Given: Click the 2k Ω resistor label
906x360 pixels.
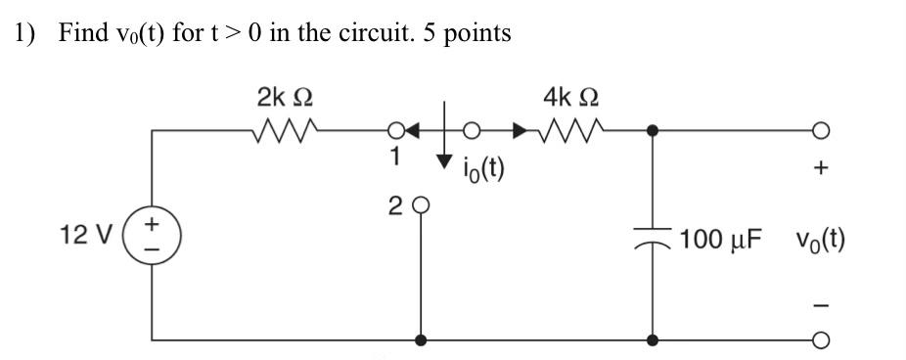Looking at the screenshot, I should (285, 98).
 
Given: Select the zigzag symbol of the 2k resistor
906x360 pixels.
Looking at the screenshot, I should (285, 129).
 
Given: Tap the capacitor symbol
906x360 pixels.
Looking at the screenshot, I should (652, 240).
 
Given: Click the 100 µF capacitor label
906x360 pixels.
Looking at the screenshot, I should (722, 240).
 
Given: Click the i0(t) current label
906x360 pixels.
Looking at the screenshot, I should (483, 169).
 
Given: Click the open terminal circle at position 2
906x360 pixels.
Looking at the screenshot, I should (422, 206).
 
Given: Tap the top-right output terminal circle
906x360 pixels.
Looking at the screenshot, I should (822, 129).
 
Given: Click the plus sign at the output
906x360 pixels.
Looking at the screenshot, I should (821, 169).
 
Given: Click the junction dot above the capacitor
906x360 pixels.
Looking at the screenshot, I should (652, 129).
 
